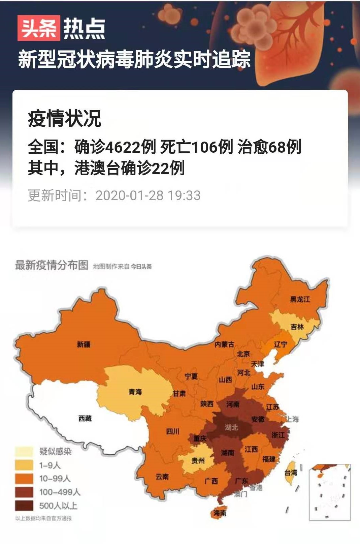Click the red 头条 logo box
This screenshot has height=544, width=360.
coord(38,28)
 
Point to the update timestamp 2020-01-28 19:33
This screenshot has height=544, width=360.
coord(148,195)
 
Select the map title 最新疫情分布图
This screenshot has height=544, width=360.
coord(51,265)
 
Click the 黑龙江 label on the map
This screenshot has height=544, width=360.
coord(300,299)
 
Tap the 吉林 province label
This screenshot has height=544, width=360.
coord(297,327)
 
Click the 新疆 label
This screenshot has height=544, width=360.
coord(84,344)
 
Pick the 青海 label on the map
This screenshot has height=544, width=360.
coord(135,392)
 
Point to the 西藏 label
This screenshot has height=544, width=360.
coord(85,418)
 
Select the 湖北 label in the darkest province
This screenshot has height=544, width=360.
coord(231,427)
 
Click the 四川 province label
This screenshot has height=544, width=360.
coord(173,431)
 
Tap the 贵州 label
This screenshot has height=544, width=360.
coord(198,460)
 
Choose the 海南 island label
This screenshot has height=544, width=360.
coord(220,513)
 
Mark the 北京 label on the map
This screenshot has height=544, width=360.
coord(243,354)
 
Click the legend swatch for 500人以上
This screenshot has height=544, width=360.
coord(24,506)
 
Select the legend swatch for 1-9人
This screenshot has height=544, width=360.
coord(24,465)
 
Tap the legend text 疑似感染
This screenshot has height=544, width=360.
coord(56,451)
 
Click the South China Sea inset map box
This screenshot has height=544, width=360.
coord(330,492)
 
